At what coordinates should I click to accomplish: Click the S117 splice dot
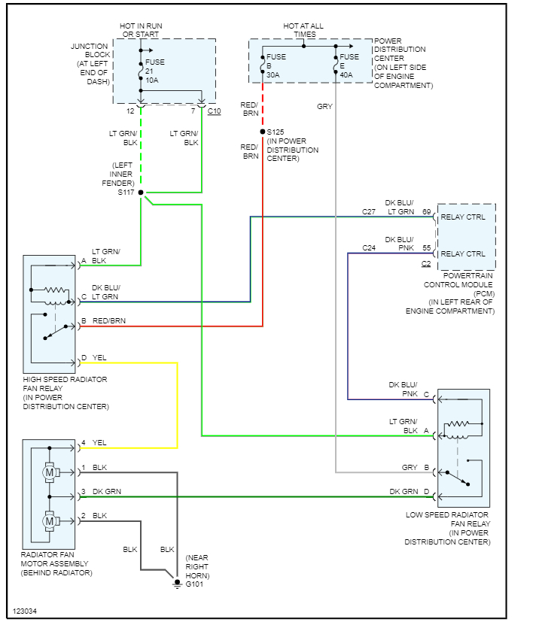point(141,193)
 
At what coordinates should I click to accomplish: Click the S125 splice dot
point(263,132)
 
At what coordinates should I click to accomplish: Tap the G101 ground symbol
point(178,581)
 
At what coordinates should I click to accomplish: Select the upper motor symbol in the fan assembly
point(50,473)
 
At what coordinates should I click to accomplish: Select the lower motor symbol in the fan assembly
point(50,520)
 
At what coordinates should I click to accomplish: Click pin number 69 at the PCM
point(427,212)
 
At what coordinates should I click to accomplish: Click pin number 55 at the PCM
point(427,247)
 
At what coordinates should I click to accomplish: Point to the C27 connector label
point(369,212)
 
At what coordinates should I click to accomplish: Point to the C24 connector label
point(369,247)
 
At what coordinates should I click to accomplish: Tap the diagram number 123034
point(24,611)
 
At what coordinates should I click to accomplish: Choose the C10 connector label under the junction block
point(214,111)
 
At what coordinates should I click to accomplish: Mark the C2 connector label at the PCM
point(426,264)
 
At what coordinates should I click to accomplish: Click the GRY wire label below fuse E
point(324,107)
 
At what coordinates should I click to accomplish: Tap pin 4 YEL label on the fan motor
point(95,443)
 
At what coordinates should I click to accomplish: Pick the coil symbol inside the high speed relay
point(56,290)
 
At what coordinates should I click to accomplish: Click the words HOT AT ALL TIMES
point(303,30)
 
